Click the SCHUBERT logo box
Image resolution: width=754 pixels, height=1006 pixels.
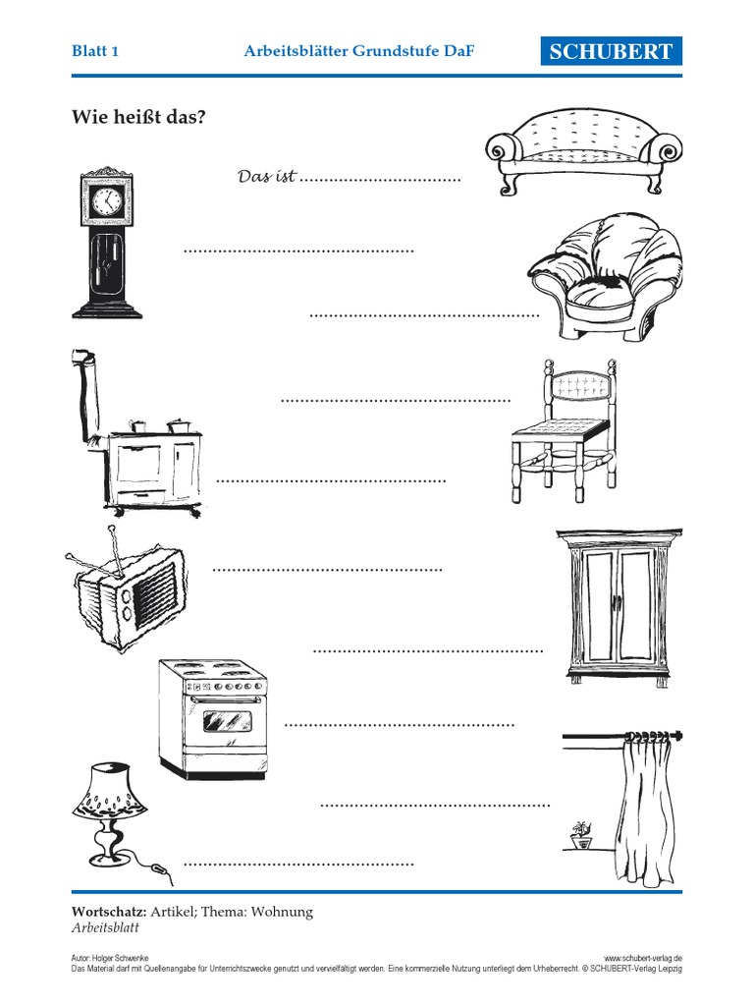coord(611,51)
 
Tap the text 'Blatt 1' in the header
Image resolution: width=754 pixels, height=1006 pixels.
coord(95,51)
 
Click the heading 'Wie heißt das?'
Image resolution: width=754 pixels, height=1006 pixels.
coord(138,117)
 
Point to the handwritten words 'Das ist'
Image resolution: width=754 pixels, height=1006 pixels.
coord(267,176)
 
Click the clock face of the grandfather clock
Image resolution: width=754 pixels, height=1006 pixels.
coord(106,201)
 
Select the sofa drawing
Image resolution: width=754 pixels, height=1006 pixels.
coord(583,154)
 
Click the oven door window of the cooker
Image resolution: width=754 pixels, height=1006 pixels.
coord(223,722)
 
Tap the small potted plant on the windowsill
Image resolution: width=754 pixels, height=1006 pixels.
coord(581,835)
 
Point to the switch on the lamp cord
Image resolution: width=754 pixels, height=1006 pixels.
coord(160,869)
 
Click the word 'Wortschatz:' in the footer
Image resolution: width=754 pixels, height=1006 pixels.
coord(109,912)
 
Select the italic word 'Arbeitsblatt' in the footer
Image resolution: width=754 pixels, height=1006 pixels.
coord(105,927)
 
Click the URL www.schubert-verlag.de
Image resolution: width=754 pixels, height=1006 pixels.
coord(643,958)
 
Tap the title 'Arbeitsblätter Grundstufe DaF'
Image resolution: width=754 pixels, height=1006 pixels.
coord(359,51)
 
